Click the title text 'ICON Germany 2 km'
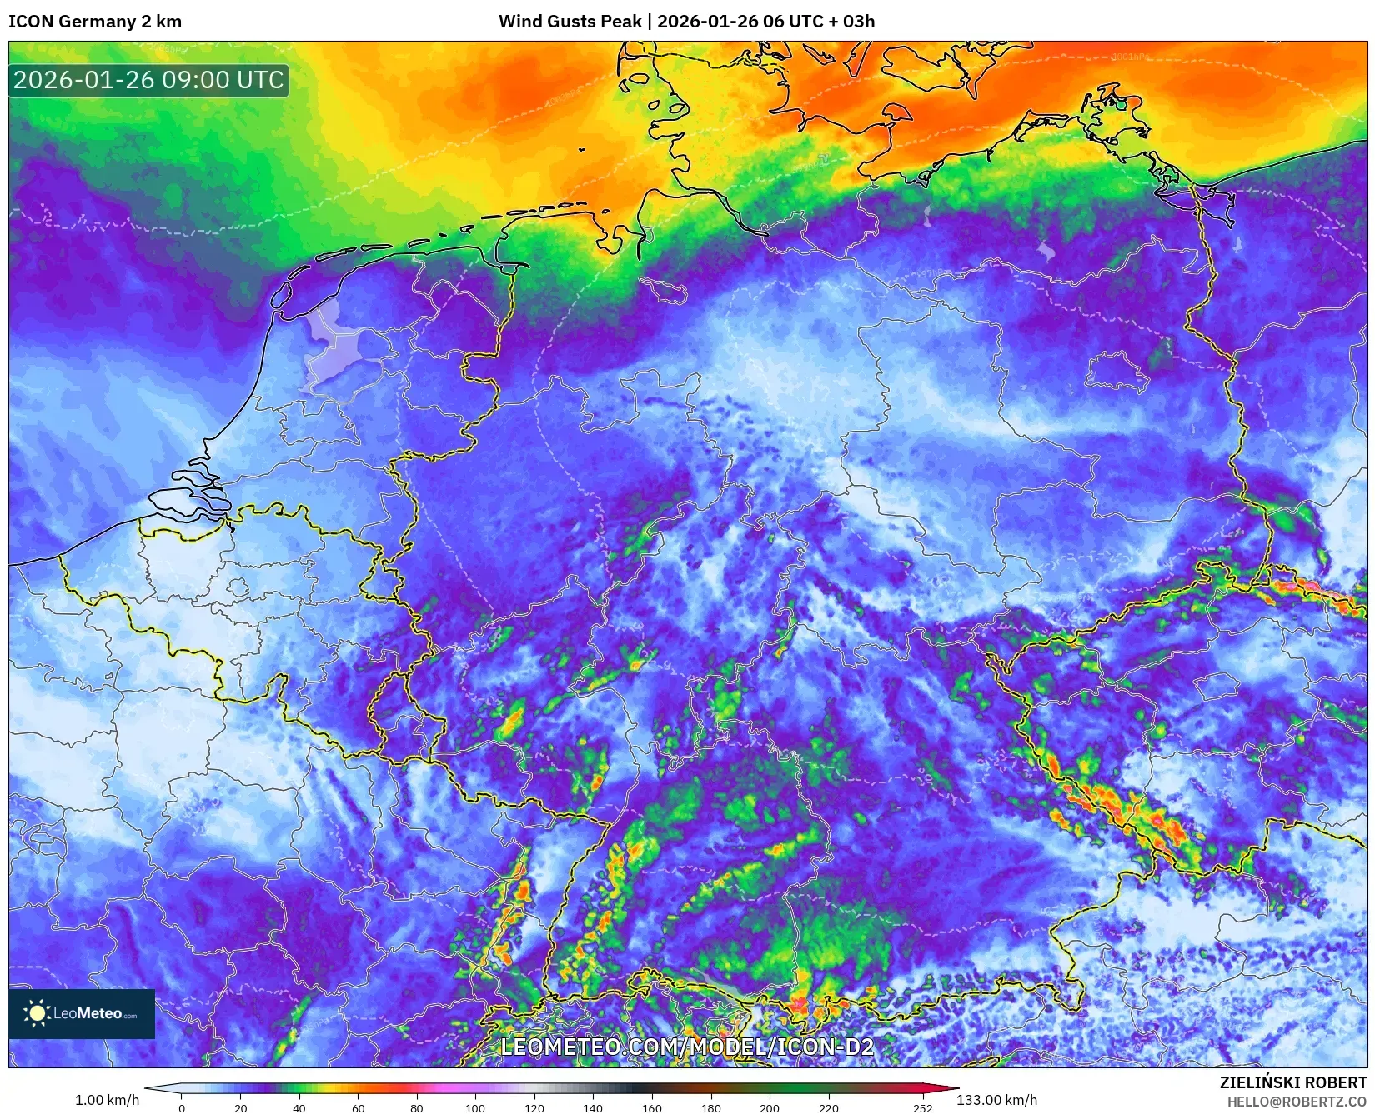coord(95,22)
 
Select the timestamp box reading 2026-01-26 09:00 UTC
coord(148,81)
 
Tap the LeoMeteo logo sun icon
coord(37,1013)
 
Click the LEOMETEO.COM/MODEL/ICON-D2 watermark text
coord(687,1047)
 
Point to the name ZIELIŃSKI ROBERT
coord(1293,1082)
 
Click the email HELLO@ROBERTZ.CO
coord(1297,1102)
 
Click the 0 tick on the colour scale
coord(182,1108)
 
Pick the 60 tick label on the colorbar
coord(358,1108)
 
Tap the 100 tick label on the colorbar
coord(475,1108)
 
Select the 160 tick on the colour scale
coord(651,1108)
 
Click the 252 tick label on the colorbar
coord(922,1108)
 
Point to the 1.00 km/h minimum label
coord(108,1100)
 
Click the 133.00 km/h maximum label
coord(996,1100)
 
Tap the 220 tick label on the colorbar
coord(828,1108)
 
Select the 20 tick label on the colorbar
coord(240,1108)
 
